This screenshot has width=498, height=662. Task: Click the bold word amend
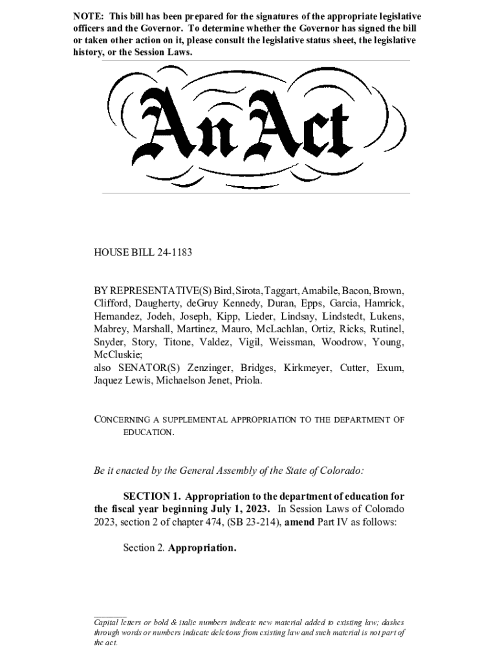pyautogui.click(x=299, y=522)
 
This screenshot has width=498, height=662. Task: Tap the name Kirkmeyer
pyautogui.click(x=312, y=368)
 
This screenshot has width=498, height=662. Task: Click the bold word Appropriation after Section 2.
pyautogui.click(x=202, y=548)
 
